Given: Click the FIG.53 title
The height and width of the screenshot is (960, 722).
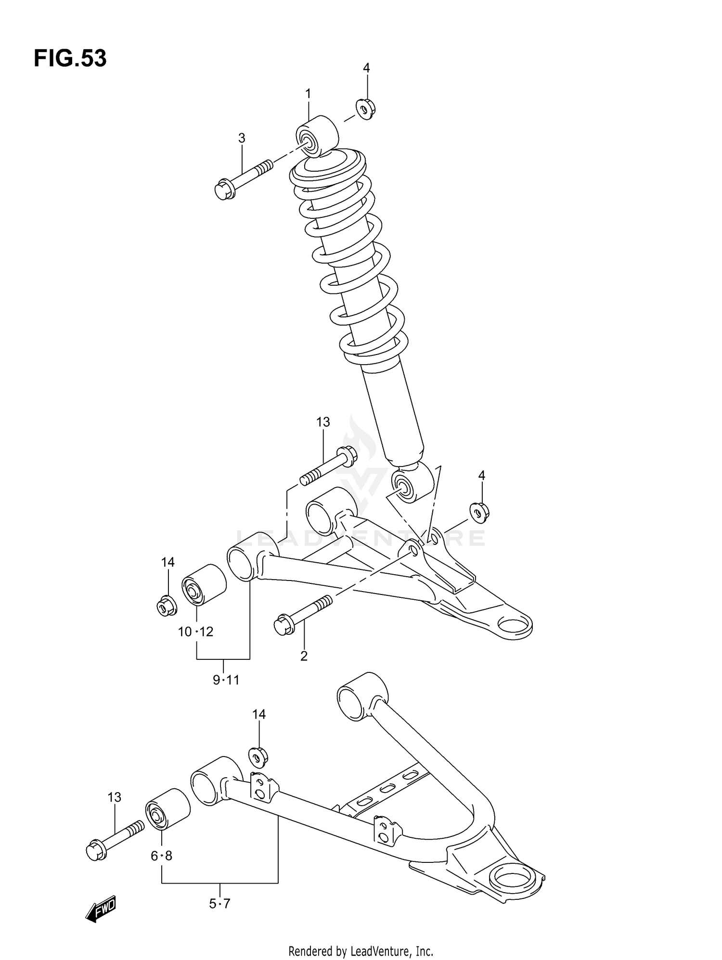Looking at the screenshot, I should [70, 59].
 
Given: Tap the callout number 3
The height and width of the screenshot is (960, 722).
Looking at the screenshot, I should [242, 139].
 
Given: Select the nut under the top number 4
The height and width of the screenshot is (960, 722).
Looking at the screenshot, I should [366, 109].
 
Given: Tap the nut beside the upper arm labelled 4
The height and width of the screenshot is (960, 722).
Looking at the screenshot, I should [479, 512].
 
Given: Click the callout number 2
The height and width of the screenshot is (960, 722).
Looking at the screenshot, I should [304, 656].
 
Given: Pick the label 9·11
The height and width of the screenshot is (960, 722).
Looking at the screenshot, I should [226, 680].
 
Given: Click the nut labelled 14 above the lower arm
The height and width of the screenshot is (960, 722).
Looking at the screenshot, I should [258, 757].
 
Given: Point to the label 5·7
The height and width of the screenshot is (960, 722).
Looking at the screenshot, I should [220, 904].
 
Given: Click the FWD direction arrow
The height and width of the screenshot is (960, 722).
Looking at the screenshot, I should [102, 909].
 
